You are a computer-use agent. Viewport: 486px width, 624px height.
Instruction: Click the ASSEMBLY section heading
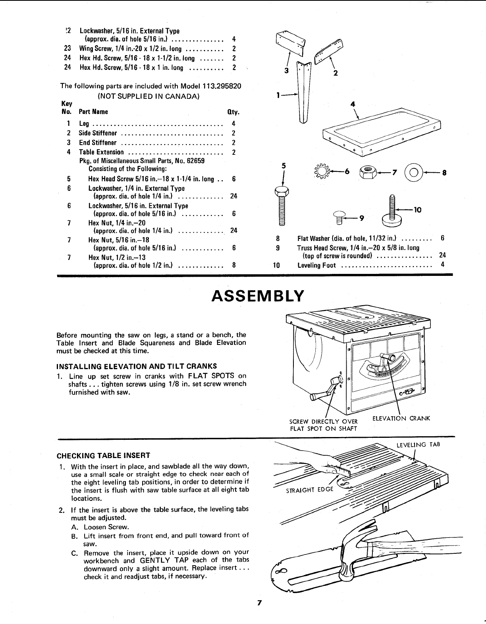point(258,296)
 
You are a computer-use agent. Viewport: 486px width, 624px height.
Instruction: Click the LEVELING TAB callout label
point(418,445)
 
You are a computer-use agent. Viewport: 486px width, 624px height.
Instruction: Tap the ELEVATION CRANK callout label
point(401,418)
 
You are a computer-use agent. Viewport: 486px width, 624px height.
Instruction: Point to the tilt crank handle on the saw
point(320,395)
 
